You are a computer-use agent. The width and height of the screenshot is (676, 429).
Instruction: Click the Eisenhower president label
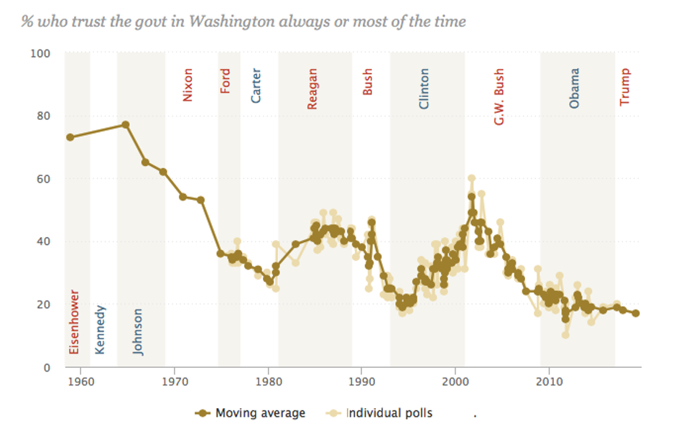pos(73,323)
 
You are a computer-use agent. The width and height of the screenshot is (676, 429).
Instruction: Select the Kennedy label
pos(101,330)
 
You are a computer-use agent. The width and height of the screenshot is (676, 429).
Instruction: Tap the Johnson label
pos(138,331)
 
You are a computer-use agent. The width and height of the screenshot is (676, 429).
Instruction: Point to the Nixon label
pos(188,84)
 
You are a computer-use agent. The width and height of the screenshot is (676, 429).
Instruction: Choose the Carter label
pos(256,85)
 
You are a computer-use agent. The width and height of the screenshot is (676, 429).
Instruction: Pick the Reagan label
pos(312,88)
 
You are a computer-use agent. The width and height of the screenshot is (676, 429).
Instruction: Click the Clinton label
pos(424,88)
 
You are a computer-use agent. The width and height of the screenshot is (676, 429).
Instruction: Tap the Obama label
pos(574,88)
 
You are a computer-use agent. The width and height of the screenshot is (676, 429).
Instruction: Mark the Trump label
pos(624,87)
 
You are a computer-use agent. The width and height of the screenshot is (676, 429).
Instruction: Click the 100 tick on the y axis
pos(40,54)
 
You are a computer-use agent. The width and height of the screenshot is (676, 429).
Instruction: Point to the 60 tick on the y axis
pos(43,179)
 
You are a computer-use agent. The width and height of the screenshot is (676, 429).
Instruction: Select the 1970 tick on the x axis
pos(174,380)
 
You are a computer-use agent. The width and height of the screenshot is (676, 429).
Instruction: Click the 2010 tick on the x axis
pos(549,380)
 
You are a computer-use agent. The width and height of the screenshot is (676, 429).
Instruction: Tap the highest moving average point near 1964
pos(126,124)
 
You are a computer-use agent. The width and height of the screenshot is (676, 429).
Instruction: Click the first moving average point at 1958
pos(70,137)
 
